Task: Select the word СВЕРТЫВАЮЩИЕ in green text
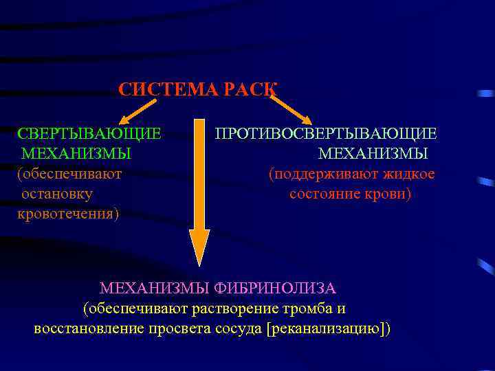coord(89,133)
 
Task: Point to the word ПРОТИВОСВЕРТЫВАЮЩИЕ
coord(325,133)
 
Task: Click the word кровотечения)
coord(68,214)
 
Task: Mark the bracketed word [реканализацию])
coord(328,328)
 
